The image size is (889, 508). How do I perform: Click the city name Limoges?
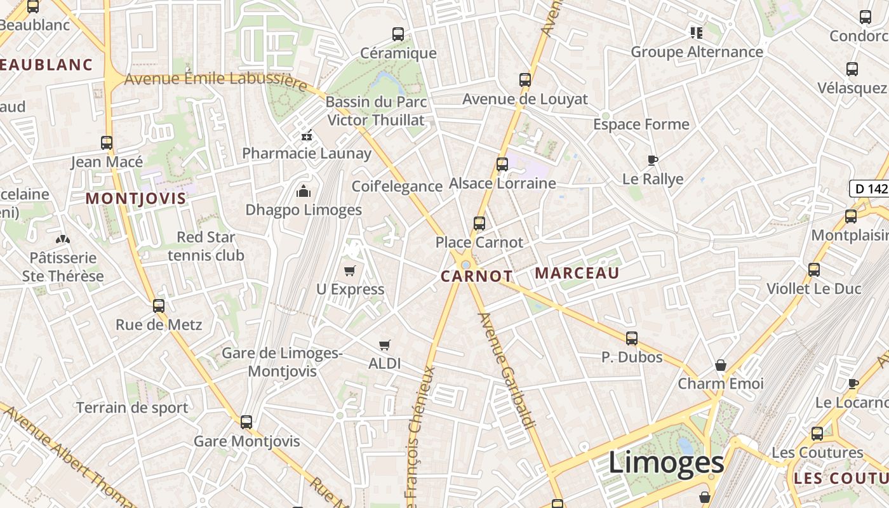point(666,462)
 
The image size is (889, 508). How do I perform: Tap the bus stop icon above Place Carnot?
point(479,224)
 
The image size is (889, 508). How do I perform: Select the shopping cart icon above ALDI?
point(384,345)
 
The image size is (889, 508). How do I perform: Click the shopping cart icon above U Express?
point(349,271)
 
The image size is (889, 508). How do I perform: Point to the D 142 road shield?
point(869,188)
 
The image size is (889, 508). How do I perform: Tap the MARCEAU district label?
point(577,273)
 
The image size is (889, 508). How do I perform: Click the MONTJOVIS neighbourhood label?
point(136,198)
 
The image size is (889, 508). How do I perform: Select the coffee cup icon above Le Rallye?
point(652,160)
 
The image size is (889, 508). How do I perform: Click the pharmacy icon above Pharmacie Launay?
point(306,135)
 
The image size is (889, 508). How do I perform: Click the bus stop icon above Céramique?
point(398,34)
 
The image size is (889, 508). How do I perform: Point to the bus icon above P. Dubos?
point(631,338)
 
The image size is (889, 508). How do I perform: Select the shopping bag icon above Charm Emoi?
point(720,365)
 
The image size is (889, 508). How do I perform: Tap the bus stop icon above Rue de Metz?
point(159,306)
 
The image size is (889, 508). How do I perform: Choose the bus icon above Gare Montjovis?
point(246,422)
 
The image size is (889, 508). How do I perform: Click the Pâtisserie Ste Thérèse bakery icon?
point(63,239)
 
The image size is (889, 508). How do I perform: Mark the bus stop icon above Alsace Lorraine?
point(502,164)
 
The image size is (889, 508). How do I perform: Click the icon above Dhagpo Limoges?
point(304,191)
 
